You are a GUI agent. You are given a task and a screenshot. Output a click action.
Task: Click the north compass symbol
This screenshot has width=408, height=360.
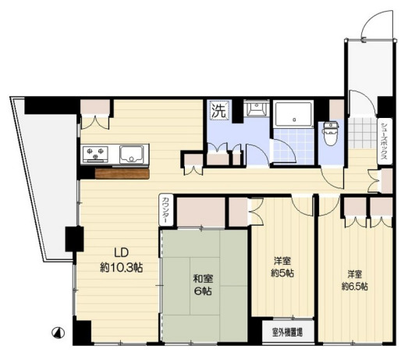point(59,333)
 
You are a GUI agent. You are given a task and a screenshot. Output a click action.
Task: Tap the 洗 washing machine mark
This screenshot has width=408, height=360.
point(219,111)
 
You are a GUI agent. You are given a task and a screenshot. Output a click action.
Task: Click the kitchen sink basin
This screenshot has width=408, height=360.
point(131,155)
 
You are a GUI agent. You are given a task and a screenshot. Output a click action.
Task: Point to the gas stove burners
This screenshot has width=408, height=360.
point(95,154)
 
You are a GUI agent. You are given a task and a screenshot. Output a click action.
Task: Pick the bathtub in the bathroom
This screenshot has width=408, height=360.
point(294,114)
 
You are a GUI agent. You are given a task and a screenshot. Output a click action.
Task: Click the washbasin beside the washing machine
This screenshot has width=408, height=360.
point(257,109)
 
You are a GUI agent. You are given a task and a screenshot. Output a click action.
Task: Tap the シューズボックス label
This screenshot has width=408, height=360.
point(385,141)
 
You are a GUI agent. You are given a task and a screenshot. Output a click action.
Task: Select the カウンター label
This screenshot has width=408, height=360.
point(166,210)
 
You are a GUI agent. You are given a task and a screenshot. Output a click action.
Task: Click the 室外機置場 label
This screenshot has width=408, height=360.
point(288,332)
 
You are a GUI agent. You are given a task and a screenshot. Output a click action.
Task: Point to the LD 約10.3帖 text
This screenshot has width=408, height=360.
point(121,260)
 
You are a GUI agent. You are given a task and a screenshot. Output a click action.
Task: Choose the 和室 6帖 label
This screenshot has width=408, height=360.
point(203,285)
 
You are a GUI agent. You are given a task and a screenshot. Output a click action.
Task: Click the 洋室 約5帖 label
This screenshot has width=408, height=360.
point(282,267)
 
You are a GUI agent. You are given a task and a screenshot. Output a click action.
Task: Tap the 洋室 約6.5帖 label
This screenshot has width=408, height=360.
point(354,280)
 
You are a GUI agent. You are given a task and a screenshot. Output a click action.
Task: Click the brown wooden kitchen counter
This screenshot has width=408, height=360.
point(122,173)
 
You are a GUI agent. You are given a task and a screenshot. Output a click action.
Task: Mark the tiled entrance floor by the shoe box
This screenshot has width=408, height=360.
point(363,133)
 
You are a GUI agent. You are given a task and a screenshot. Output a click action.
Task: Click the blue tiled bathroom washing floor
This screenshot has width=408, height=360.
point(294,146)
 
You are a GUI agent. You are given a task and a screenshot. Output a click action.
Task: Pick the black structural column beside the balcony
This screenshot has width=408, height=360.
point(74,239)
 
